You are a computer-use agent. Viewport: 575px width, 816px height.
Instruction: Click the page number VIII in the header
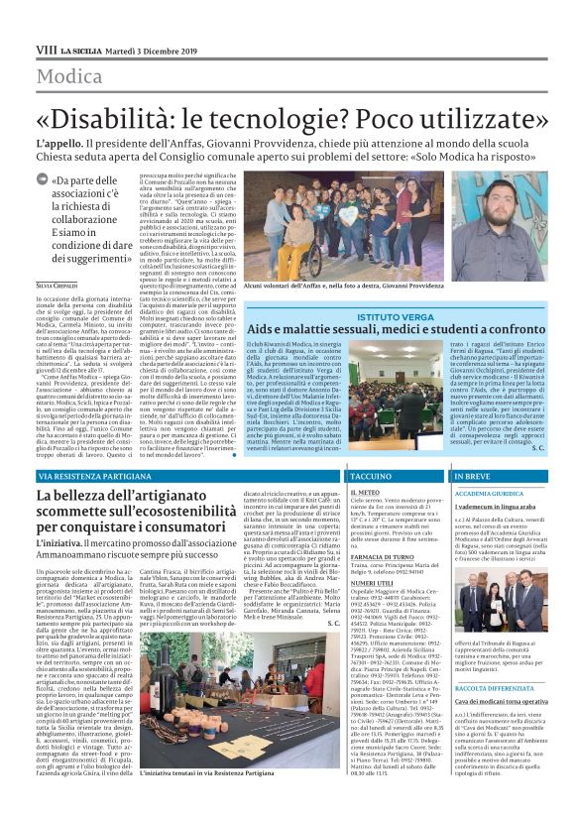coord(45,49)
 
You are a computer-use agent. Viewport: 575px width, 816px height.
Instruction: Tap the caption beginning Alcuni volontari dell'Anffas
coord(337,285)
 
